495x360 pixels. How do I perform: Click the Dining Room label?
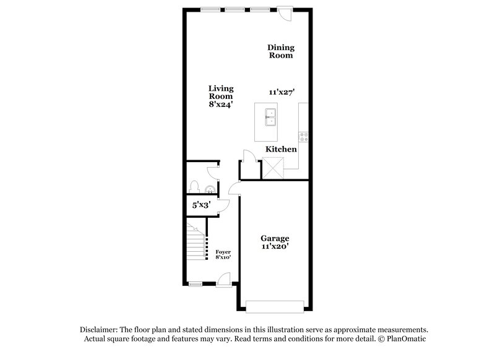(280, 51)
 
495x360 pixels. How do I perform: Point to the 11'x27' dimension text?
(281, 92)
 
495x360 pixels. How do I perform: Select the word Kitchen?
(281, 149)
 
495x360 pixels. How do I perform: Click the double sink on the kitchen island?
(271, 116)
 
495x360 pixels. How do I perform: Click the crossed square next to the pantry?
(273, 168)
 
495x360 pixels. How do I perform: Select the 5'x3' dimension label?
(200, 205)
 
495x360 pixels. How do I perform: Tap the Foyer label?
(223, 252)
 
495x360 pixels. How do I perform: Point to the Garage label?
(275, 238)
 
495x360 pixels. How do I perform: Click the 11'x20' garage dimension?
(275, 246)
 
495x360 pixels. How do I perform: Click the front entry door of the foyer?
(225, 282)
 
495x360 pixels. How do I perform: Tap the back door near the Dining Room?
(285, 12)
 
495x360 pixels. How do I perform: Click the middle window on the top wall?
(235, 9)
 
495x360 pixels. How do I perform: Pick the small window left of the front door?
(196, 284)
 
